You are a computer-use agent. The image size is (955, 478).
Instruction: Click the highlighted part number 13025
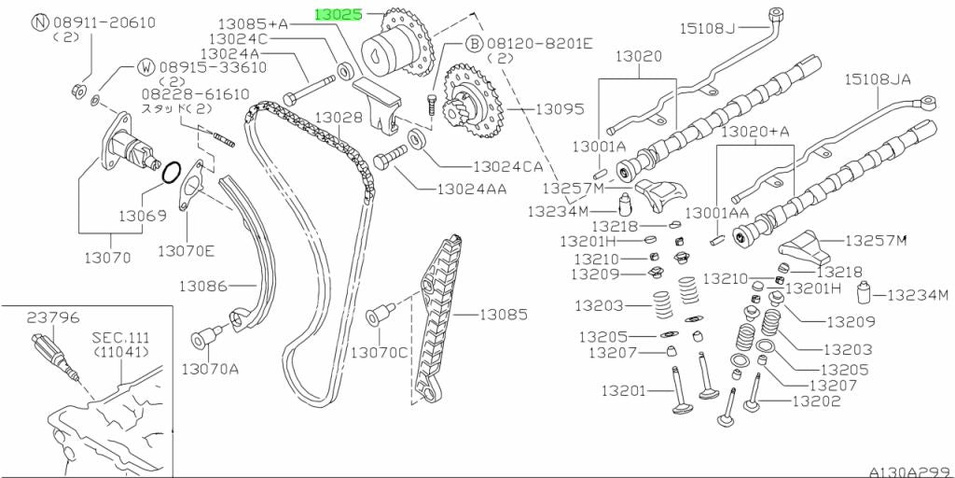341,15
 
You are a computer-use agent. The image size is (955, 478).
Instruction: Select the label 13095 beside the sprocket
560,109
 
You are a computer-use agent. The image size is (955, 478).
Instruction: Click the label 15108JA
878,80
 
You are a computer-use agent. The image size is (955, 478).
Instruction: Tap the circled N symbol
40,21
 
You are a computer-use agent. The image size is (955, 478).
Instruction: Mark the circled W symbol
147,66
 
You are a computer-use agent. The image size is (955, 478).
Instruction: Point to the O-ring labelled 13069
172,173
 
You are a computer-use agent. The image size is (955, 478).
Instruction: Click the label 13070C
380,352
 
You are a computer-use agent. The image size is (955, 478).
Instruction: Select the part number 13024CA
507,167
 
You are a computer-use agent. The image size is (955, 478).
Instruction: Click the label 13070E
186,250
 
